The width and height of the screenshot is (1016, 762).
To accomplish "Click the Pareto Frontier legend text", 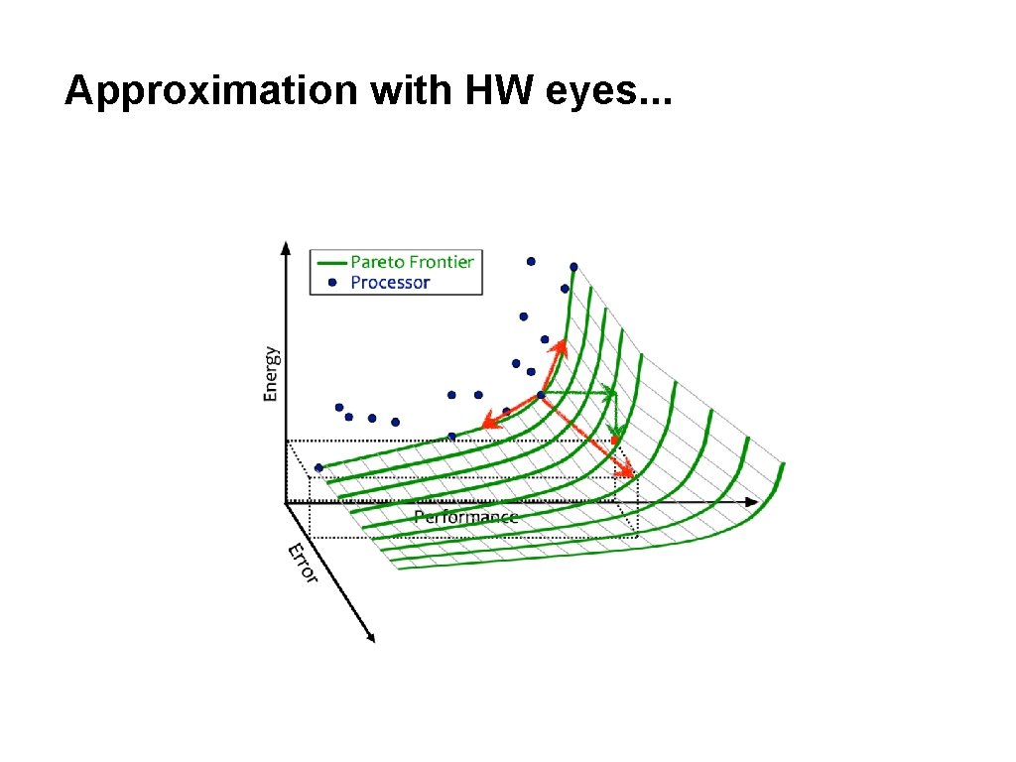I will [x=412, y=262].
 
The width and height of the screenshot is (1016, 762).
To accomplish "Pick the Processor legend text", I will [x=390, y=283].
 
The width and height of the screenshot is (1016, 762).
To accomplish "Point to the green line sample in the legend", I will [x=332, y=263].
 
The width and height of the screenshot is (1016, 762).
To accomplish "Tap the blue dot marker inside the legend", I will [x=332, y=283].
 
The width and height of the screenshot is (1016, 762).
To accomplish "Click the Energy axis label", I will [x=271, y=373].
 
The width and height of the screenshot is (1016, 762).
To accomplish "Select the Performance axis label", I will [x=466, y=517].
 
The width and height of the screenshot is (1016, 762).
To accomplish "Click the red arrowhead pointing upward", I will [x=561, y=346].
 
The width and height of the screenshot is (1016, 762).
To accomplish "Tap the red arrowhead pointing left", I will [x=488, y=424].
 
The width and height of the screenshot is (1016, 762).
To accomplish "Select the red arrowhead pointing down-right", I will [x=627, y=472].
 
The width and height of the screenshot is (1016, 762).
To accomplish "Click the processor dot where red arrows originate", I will [x=541, y=396].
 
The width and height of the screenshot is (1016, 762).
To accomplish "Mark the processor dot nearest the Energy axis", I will [x=318, y=467].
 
